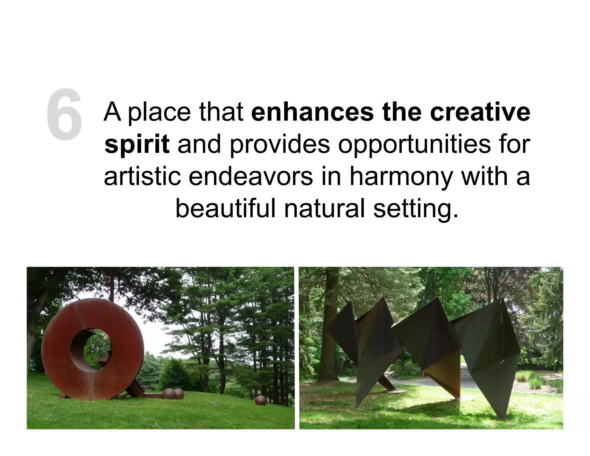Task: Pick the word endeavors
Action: coord(250,176)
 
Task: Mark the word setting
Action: coord(415,208)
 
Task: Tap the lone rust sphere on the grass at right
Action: coord(261,401)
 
